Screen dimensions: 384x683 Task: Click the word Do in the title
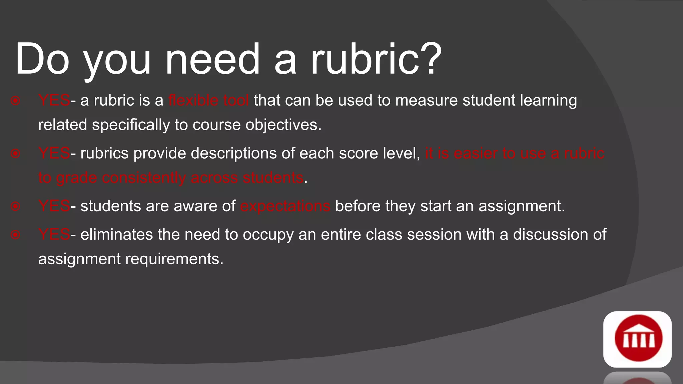coord(42,59)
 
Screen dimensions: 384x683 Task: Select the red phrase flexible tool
coord(208,100)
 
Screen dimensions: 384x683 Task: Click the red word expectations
coord(285,206)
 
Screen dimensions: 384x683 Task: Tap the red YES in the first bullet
coord(54,100)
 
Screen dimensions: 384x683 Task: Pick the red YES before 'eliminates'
coord(54,234)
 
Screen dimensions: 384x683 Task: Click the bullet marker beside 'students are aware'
coord(15,206)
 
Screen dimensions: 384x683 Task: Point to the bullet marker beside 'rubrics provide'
coord(15,154)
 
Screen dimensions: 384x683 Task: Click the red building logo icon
coord(637,339)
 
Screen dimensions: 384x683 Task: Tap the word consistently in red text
coord(144,178)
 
